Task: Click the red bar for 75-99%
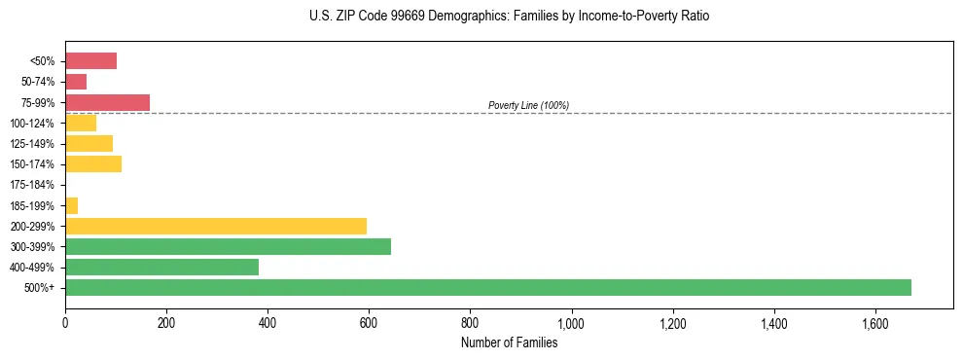click(107, 102)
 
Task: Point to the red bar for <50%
click(90, 61)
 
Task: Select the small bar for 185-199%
click(71, 205)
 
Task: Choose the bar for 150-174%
click(93, 164)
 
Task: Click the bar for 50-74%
click(76, 82)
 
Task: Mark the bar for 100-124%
click(81, 123)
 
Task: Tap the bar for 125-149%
click(89, 144)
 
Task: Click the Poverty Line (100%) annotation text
click(528, 105)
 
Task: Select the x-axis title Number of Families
click(510, 342)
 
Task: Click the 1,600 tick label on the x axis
click(875, 323)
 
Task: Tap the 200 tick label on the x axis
click(166, 323)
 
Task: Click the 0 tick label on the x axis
click(65, 323)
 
